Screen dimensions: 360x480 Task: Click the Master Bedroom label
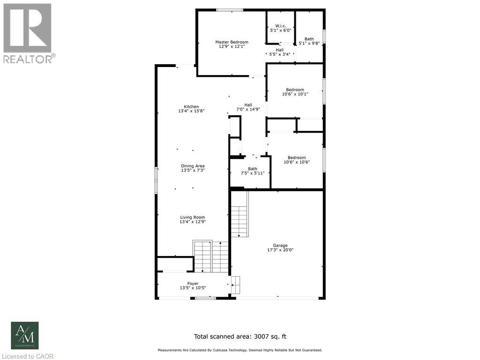(232, 45)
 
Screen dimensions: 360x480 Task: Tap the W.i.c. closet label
(281, 28)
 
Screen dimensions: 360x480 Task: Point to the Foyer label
(193, 285)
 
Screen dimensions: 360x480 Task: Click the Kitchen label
(191, 109)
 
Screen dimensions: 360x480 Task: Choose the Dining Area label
(193, 168)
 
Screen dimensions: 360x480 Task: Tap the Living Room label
(193, 219)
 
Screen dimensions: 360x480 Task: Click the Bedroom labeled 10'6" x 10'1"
(295, 92)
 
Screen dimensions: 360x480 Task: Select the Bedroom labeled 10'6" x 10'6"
(297, 160)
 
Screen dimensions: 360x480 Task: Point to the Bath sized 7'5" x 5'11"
(253, 171)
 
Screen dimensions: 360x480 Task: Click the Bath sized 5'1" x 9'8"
(309, 41)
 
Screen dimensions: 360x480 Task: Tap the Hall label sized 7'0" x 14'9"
(248, 107)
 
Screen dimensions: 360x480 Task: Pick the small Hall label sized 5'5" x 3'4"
(279, 52)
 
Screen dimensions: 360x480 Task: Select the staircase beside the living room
(210, 256)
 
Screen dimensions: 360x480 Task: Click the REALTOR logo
(28, 33)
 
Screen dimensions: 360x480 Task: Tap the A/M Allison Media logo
(25, 336)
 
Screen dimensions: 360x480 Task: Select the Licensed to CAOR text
(27, 356)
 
